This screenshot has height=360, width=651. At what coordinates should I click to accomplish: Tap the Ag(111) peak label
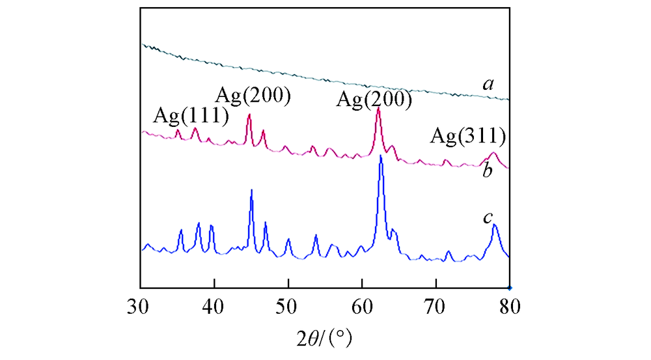pyautogui.click(x=191, y=117)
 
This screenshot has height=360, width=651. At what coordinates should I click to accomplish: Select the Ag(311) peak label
pyautogui.click(x=469, y=137)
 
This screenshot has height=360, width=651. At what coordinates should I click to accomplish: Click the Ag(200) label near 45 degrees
pyautogui.click(x=253, y=96)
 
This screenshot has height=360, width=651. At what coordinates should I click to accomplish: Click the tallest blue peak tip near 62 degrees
pyautogui.click(x=381, y=156)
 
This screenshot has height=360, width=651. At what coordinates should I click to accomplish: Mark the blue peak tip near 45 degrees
pyautogui.click(x=251, y=189)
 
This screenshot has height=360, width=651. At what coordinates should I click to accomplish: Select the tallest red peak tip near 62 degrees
pyautogui.click(x=378, y=109)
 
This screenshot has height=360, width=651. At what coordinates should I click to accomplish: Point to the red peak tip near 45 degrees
pyautogui.click(x=249, y=115)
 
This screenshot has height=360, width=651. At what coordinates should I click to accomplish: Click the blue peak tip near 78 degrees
pyautogui.click(x=495, y=225)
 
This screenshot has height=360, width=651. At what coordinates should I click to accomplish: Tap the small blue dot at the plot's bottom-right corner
pyautogui.click(x=510, y=287)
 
